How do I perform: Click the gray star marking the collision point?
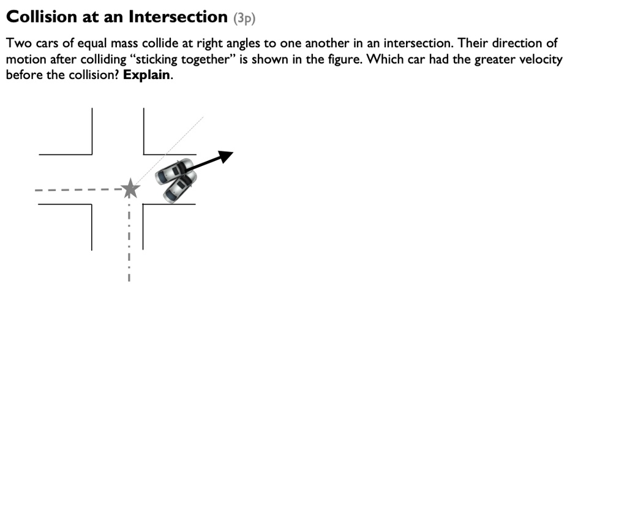click(129, 189)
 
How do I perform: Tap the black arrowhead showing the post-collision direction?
click(227, 155)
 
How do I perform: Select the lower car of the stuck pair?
click(180, 187)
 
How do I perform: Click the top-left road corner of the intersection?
click(92, 154)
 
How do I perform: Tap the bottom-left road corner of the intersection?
click(91, 204)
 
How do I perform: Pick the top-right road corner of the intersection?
click(144, 154)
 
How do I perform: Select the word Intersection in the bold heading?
click(178, 17)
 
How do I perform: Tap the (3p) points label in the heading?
click(244, 18)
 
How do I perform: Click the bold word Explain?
click(146, 75)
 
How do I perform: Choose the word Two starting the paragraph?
click(18, 43)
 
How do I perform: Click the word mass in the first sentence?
click(124, 43)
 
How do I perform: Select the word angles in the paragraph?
click(239, 43)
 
